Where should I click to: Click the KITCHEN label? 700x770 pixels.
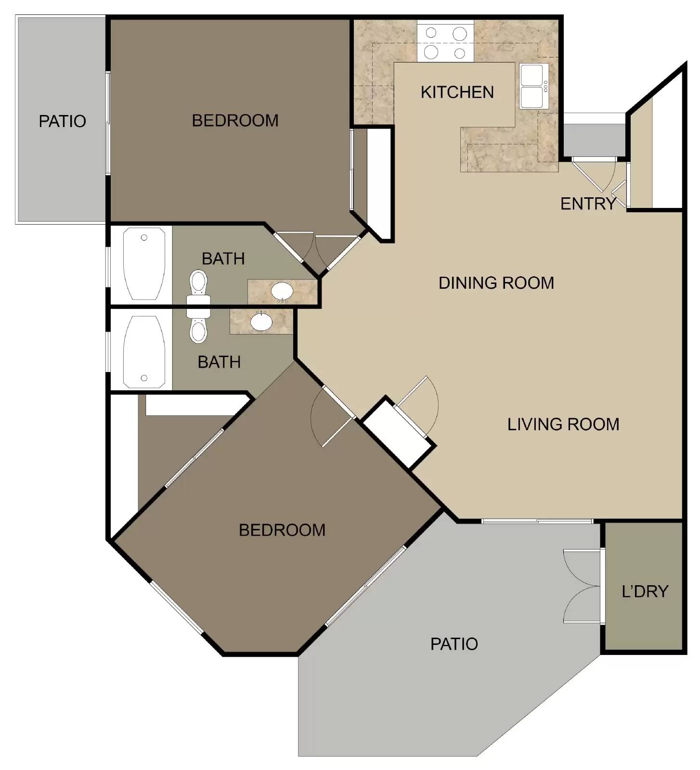coord(457,92)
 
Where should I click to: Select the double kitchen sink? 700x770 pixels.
coord(533,87)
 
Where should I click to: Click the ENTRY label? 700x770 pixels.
coord(588,204)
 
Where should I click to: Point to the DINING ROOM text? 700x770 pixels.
coord(496,282)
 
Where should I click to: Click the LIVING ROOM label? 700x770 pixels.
coord(563,424)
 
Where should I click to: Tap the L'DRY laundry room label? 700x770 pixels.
coord(645,591)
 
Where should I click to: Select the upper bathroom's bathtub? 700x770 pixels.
coord(144,264)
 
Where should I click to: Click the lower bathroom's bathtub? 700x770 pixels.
coord(144,352)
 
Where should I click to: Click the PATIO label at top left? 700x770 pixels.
coord(62,121)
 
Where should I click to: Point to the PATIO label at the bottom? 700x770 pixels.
coord(454,643)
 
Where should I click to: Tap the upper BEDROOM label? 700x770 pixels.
coord(235,120)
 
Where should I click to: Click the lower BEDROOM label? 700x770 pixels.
coord(282,530)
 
